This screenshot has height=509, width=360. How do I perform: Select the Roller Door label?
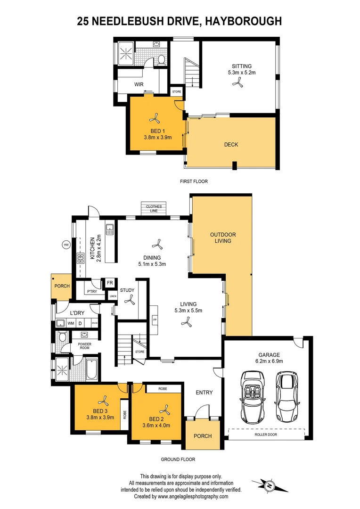click(x=267, y=435)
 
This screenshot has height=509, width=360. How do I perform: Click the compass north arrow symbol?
click(x=270, y=485)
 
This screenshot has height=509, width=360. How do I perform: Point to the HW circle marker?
click(x=66, y=245)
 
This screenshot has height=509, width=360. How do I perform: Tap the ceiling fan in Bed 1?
click(x=154, y=118)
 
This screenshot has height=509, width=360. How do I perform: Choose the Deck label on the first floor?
click(x=231, y=145)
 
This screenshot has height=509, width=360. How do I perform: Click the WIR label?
click(x=139, y=85)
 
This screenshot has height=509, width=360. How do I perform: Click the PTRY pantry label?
click(x=91, y=292)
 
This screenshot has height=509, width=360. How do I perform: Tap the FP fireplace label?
click(x=154, y=320)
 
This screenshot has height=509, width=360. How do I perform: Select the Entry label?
click(x=204, y=392)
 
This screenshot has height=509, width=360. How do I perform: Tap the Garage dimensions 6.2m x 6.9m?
click(x=268, y=361)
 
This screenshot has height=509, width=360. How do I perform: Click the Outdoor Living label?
click(x=223, y=238)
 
